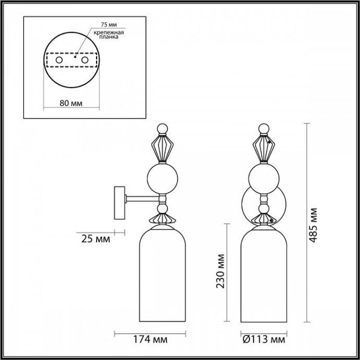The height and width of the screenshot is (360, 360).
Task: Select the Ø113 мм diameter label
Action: pos(264,340)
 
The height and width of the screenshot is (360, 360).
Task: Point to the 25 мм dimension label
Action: pos(96,239)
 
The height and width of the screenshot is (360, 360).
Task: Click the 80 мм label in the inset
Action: pos(70,103)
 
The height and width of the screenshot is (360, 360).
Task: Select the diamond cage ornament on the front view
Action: pos(265,148)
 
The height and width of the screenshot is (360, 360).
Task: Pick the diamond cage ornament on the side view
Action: pos(162,148)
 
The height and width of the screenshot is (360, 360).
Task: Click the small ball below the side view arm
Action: pos(162,209)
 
